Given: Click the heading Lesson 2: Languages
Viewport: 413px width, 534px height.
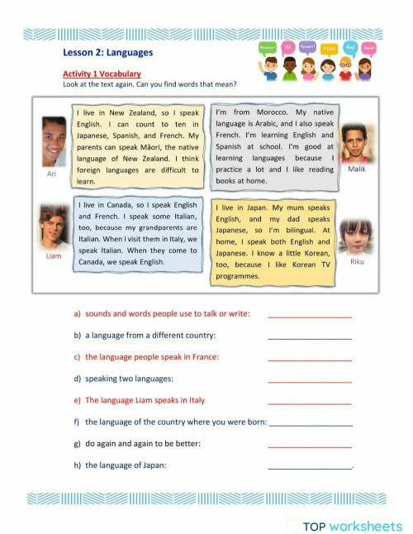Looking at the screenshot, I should (107, 52).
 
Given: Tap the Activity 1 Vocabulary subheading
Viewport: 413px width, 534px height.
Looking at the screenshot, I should (102, 74).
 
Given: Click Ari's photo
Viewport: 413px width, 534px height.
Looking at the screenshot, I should (55, 141).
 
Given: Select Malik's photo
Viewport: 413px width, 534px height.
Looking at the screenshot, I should (354, 142).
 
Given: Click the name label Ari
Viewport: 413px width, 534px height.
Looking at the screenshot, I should (51, 174).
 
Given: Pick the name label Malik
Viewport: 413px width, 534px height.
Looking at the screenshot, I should (356, 169).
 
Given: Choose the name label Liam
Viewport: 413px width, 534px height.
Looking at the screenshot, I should (53, 256).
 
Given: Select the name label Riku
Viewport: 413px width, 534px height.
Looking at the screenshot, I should (357, 262).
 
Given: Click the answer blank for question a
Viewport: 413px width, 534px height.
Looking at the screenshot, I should (310, 316).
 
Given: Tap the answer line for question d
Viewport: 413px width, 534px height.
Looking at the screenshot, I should (310, 380).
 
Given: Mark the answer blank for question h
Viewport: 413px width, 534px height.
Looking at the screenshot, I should (310, 467).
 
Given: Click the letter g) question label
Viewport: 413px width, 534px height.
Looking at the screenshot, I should (77, 444).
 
